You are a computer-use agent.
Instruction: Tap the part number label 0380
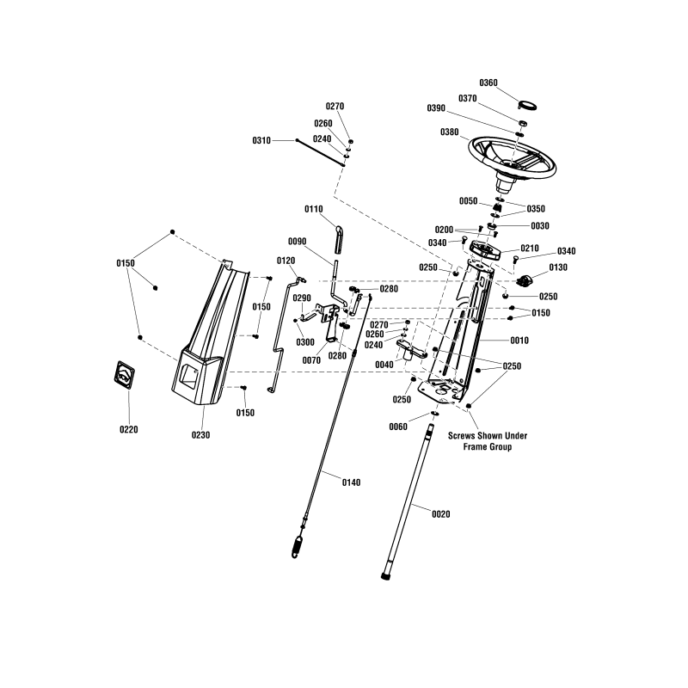(x=450, y=132)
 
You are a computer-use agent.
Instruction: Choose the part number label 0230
(x=200, y=434)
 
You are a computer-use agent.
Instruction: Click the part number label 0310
(x=261, y=140)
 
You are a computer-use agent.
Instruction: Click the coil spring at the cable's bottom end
(x=298, y=546)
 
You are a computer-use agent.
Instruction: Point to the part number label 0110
(x=314, y=209)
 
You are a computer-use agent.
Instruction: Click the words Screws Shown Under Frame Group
(x=488, y=441)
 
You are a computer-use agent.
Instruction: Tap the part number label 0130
(x=558, y=267)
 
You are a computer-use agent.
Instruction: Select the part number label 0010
(x=519, y=341)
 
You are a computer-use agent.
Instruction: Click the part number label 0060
(x=399, y=427)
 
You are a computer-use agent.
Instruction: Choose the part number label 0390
(x=437, y=108)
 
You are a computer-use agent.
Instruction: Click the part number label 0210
(x=530, y=249)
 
